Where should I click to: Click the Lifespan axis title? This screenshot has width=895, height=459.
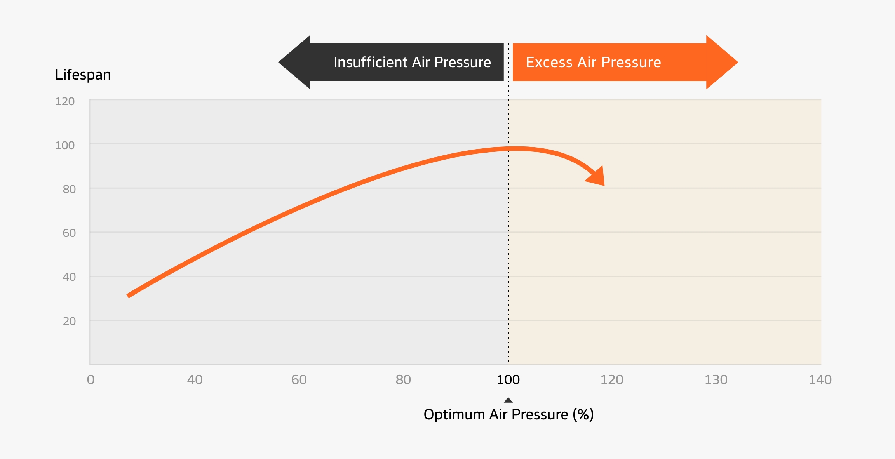[x=83, y=75]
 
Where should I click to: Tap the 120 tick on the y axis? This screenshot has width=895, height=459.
[x=65, y=101]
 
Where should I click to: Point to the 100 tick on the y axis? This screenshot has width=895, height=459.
[x=65, y=145]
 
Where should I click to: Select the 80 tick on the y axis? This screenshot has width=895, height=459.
[x=69, y=189]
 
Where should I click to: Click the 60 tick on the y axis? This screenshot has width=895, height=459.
[x=69, y=233]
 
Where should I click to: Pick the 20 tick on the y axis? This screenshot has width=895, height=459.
[x=69, y=321]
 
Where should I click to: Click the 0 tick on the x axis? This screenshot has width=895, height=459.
[x=91, y=379]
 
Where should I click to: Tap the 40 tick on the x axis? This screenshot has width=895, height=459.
[x=195, y=379]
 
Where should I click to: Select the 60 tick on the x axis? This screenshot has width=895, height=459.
[x=299, y=379]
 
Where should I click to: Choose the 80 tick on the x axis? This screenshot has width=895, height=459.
[x=403, y=379]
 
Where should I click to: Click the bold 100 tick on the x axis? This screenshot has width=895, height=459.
[x=508, y=379]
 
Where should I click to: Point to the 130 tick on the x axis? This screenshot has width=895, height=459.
[x=716, y=379]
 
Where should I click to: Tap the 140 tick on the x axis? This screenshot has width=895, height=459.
[x=820, y=379]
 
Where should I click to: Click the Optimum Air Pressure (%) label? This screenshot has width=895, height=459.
[x=508, y=414]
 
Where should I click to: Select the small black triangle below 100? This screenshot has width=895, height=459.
[x=508, y=400]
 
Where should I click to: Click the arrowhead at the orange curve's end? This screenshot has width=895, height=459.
[x=597, y=177]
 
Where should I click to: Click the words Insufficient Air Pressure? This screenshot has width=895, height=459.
[x=412, y=62]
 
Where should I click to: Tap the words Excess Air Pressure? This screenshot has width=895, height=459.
[x=593, y=62]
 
